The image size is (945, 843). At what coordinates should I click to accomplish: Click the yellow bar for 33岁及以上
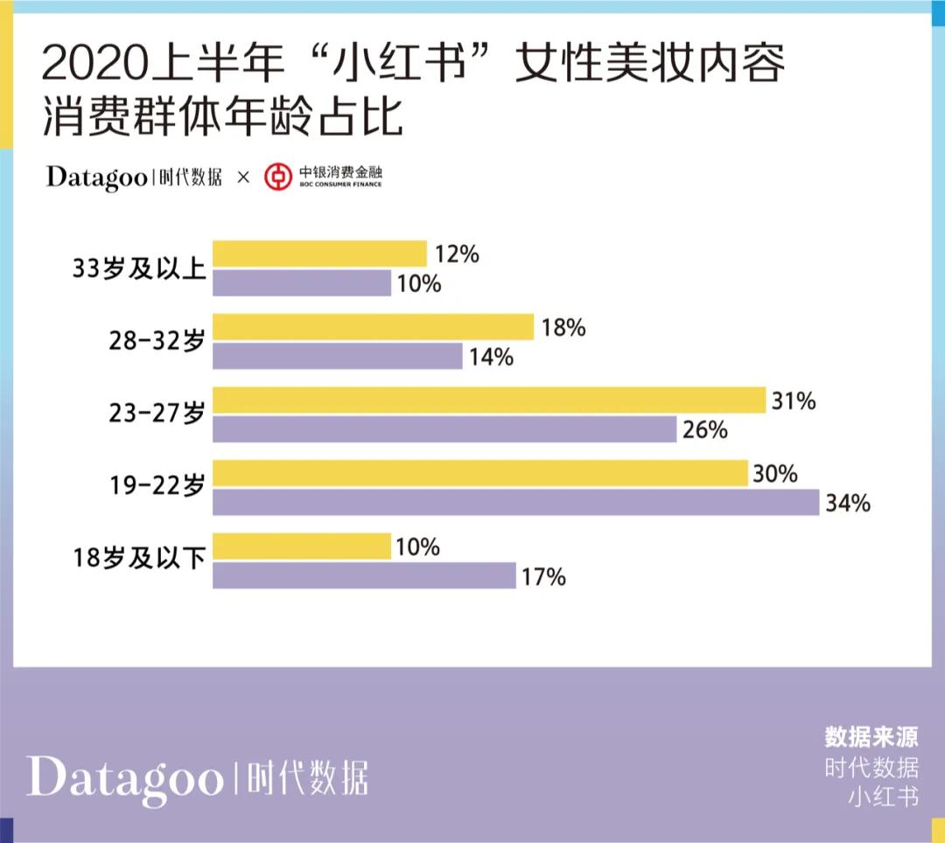click(319, 254)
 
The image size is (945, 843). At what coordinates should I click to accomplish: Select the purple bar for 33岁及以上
click(302, 283)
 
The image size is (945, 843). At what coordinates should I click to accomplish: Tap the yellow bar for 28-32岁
click(373, 327)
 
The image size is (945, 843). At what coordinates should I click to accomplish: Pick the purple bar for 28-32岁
click(338, 357)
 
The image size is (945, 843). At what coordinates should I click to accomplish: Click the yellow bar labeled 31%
click(489, 400)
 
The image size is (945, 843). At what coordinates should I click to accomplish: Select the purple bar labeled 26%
click(444, 429)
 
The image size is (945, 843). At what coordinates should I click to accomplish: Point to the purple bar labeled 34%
click(516, 503)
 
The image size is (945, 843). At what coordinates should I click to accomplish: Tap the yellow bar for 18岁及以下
click(302, 547)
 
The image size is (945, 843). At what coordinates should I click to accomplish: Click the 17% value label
click(544, 577)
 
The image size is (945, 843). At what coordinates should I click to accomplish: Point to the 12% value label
click(457, 254)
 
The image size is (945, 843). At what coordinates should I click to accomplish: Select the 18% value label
click(563, 328)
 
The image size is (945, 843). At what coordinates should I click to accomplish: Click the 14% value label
click(492, 358)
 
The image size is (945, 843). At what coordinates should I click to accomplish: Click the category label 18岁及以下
click(139, 560)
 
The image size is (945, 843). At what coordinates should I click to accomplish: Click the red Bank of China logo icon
click(278, 177)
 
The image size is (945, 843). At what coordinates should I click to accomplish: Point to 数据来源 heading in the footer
click(871, 736)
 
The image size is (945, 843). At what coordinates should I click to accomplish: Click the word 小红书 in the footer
click(884, 798)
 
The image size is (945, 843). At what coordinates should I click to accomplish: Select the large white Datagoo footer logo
click(124, 777)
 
